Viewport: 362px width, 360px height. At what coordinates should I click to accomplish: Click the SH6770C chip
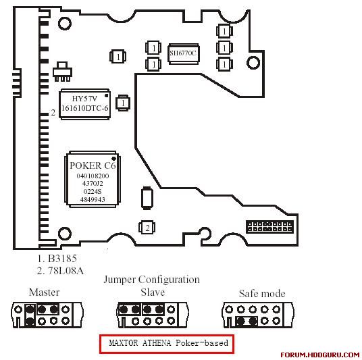pos(183,54)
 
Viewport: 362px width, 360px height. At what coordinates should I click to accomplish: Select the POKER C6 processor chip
pos(93,180)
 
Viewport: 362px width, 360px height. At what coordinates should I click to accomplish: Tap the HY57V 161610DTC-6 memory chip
pos(84,104)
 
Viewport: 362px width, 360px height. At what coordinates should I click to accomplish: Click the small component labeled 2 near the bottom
pos(147,228)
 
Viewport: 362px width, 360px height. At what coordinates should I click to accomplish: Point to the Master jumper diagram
pos(47,315)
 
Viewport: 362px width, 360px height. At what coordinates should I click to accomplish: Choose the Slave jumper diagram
pos(153,315)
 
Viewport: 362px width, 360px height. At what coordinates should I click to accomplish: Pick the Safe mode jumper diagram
pos(258,315)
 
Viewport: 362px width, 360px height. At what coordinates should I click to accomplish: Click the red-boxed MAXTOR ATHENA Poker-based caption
pos(167,344)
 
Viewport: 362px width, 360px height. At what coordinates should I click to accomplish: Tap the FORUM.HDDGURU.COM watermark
pos(320,355)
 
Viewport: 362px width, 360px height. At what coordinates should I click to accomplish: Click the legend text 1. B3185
pos(57,259)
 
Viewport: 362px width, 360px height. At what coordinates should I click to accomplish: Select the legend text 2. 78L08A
pos(60,271)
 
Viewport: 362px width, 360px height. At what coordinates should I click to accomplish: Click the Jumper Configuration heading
pos(152,280)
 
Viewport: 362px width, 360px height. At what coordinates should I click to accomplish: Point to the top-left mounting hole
pos(65,24)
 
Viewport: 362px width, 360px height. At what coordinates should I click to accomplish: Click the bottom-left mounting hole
pos(64,234)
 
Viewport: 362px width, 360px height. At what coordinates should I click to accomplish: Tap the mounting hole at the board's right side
pos(253,62)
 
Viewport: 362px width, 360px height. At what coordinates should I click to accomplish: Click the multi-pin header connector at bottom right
pos(269,227)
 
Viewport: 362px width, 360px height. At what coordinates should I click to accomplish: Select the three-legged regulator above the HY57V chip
pos(62,72)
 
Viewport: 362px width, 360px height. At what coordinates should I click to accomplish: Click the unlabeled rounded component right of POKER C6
pos(147,198)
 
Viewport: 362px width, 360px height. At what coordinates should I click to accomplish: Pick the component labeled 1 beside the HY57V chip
pos(123,103)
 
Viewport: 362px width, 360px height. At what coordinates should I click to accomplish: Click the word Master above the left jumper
pos(44,292)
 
